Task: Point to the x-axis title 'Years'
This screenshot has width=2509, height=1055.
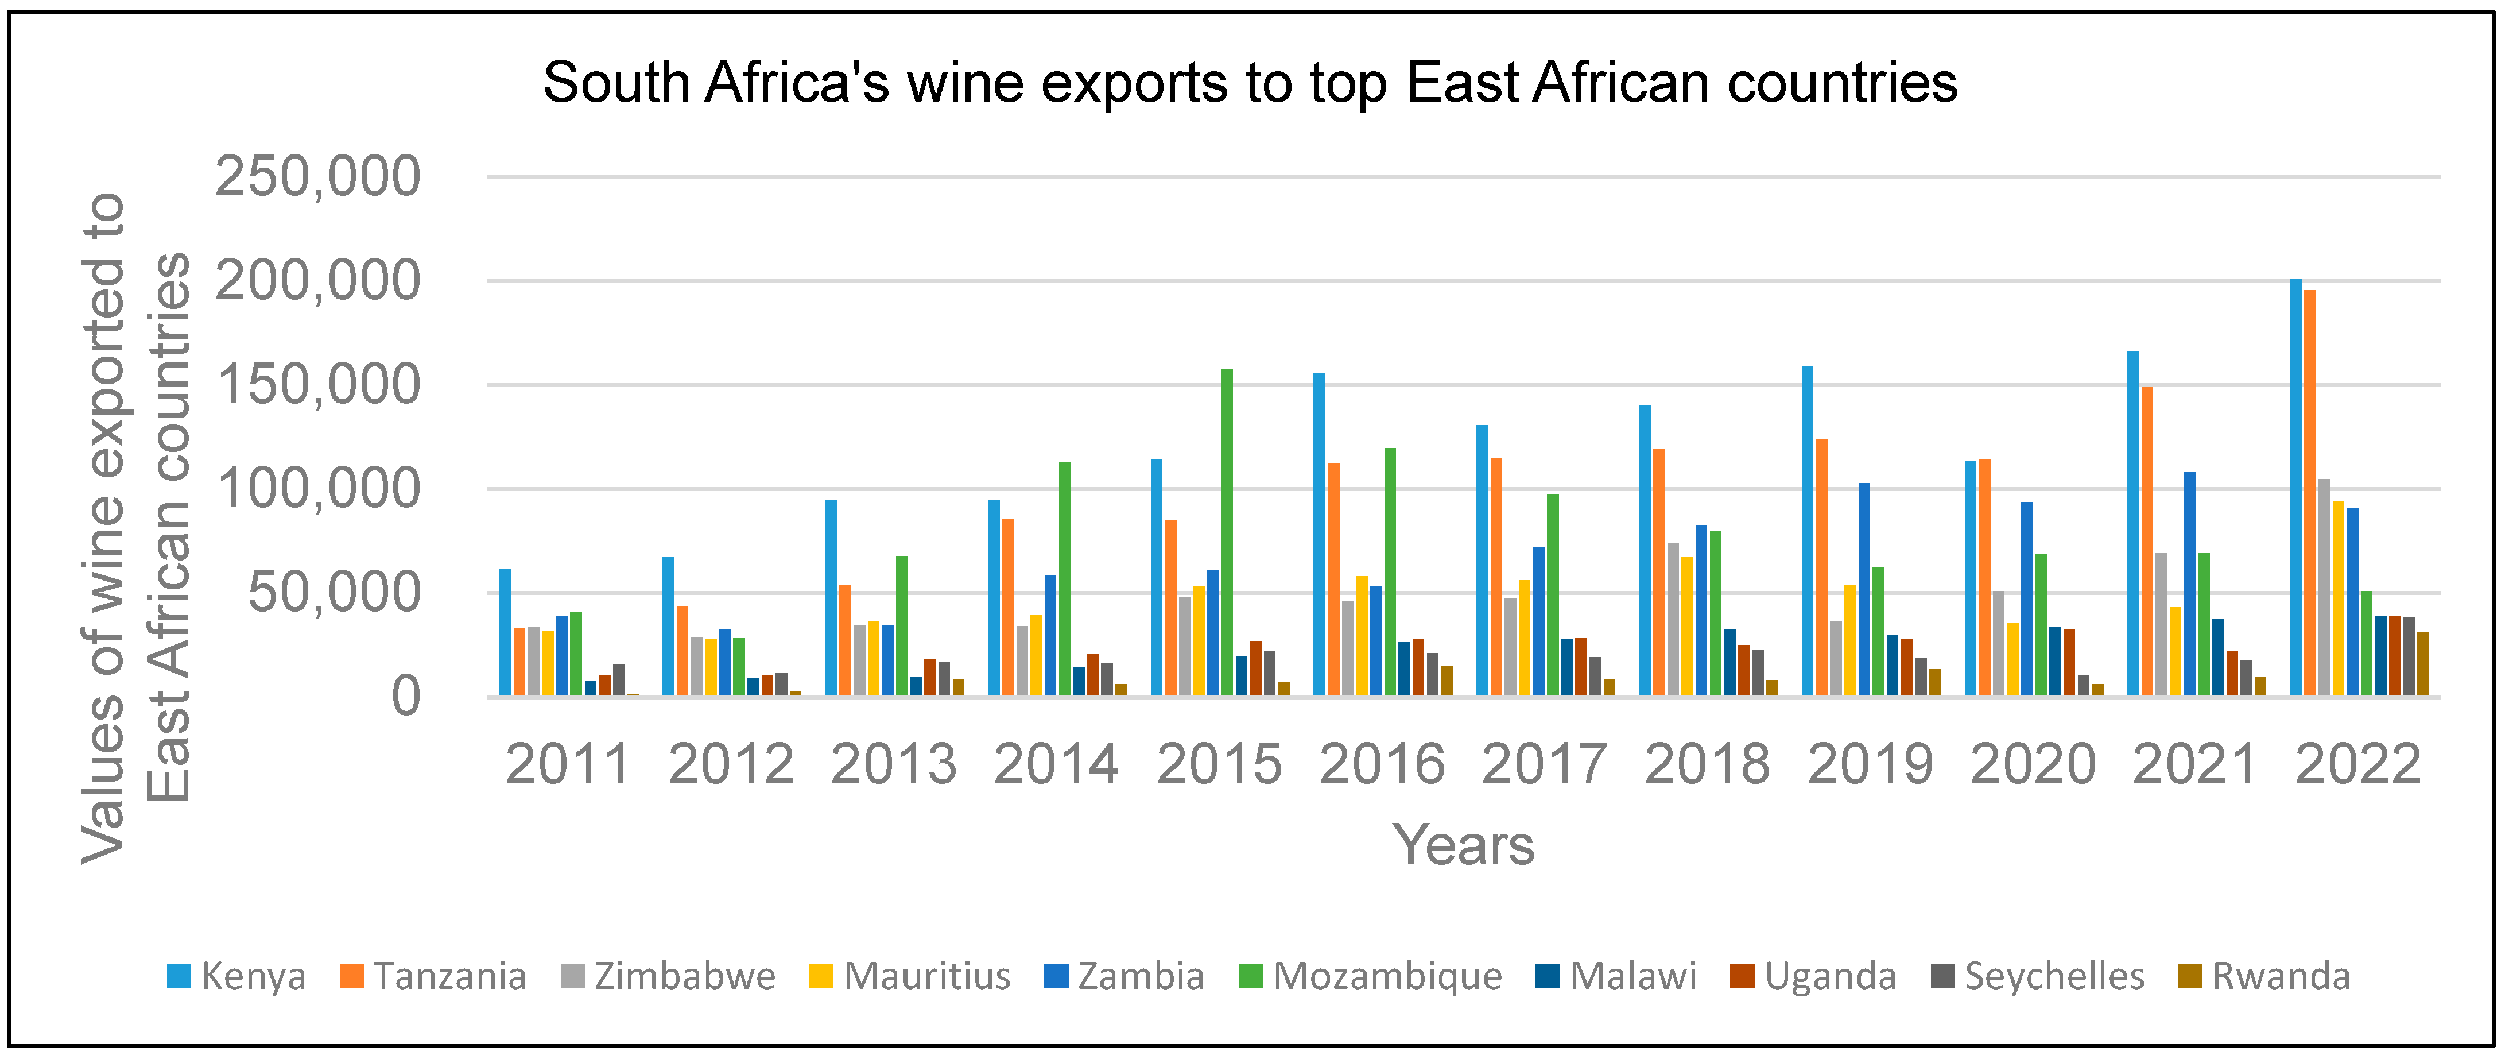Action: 1463,845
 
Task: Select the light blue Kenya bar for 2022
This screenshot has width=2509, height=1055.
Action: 2295,487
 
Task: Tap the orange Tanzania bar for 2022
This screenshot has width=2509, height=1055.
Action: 2310,492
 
